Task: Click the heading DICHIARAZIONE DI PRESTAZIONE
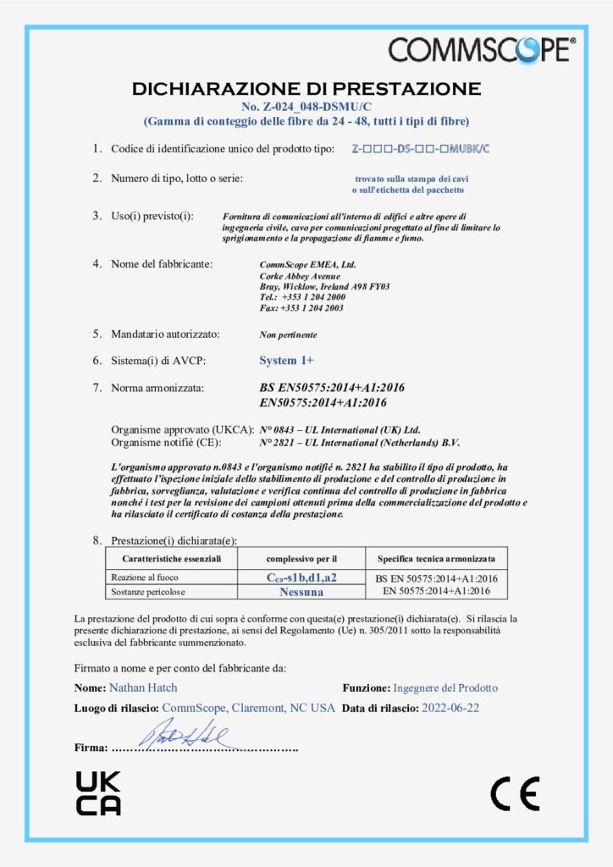306,88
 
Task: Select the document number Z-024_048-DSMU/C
306,106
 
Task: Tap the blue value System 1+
286,361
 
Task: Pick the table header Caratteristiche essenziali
171,559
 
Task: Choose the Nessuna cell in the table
302,592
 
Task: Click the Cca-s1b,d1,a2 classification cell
302,577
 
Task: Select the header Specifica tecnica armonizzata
437,559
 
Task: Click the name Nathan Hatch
143,688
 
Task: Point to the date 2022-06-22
450,708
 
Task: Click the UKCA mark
98,793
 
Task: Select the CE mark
515,793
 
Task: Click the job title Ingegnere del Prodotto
445,688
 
